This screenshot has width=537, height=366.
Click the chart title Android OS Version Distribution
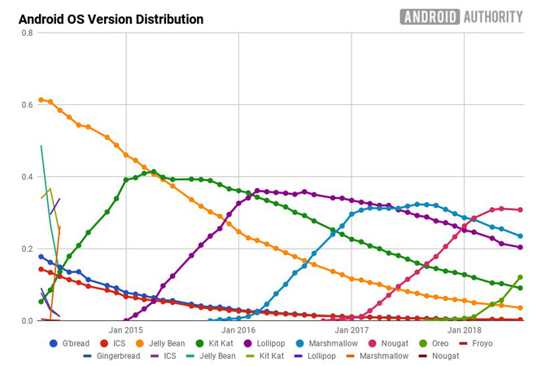pyautogui.click(x=106, y=19)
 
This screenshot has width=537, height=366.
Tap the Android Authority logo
pyautogui.click(x=461, y=17)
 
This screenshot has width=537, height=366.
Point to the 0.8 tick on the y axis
pyautogui.click(x=27, y=33)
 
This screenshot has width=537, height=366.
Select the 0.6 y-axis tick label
pyautogui.click(x=27, y=105)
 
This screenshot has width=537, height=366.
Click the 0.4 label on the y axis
pyautogui.click(x=27, y=177)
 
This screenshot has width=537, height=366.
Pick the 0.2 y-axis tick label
pyautogui.click(x=27, y=249)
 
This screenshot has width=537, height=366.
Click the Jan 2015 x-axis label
pyautogui.click(x=126, y=330)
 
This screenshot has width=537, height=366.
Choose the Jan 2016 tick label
pyautogui.click(x=238, y=330)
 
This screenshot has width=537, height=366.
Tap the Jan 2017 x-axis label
pyautogui.click(x=351, y=330)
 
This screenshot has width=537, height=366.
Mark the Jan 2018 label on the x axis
pyautogui.click(x=462, y=330)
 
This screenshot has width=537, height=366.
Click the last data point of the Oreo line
pyautogui.click(x=520, y=277)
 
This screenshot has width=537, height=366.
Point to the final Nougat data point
pyautogui.click(x=520, y=209)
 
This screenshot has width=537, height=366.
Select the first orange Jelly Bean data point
pyautogui.click(x=41, y=99)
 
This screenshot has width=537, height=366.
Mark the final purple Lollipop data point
pyautogui.click(x=520, y=247)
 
